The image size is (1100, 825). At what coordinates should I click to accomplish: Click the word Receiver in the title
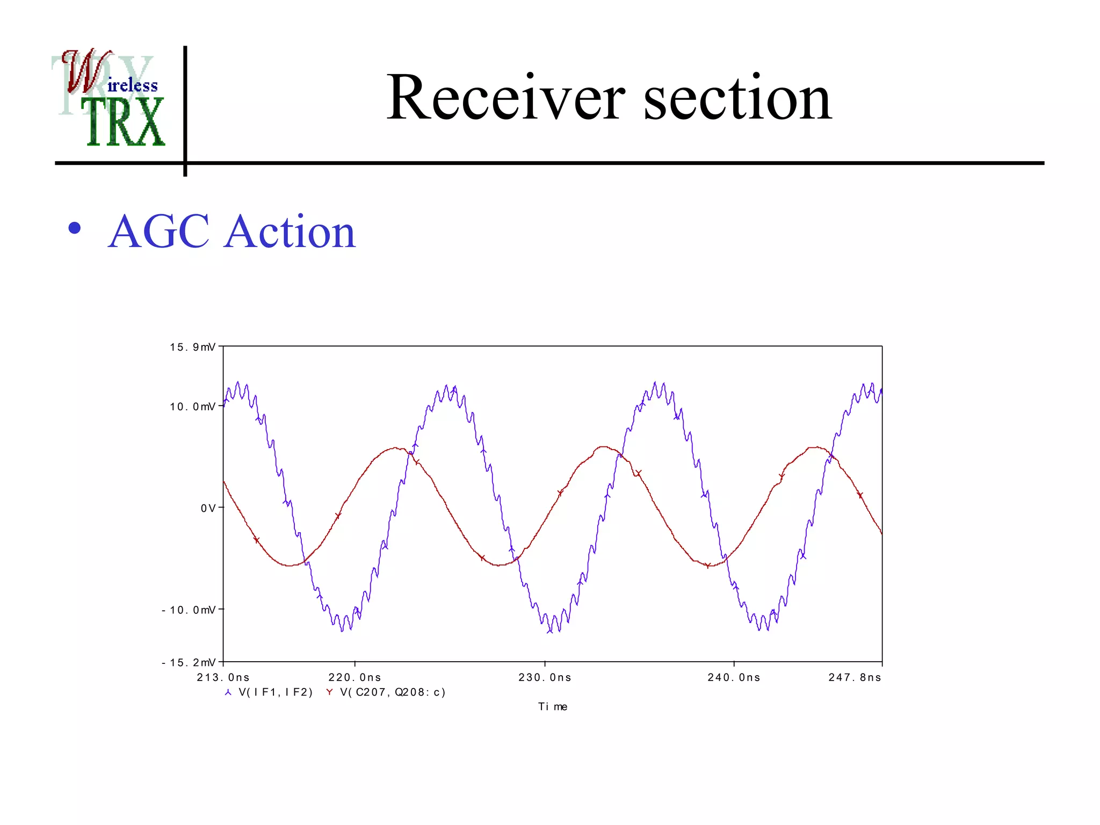[505, 98]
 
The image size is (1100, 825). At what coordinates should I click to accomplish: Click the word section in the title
[737, 98]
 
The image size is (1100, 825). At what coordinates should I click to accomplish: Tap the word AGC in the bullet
[158, 231]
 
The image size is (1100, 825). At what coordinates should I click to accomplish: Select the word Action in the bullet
[290, 231]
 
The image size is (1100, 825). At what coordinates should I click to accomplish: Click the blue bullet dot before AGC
[75, 228]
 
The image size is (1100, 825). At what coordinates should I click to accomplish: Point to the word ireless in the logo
[133, 85]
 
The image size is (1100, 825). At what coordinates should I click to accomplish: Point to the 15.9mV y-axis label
[192, 348]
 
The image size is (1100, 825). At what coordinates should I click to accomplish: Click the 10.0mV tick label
[192, 407]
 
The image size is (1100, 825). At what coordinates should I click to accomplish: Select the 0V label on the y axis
[208, 508]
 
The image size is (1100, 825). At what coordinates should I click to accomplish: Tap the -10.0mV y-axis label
[189, 610]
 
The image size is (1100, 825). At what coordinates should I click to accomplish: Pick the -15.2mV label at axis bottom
[189, 663]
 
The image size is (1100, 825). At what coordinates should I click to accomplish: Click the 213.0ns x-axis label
[223, 678]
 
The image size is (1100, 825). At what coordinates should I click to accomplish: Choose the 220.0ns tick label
[355, 678]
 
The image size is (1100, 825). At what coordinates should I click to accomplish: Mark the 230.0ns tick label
[545, 678]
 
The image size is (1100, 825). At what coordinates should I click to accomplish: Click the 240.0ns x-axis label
[734, 678]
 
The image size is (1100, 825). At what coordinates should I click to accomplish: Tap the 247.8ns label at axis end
[855, 678]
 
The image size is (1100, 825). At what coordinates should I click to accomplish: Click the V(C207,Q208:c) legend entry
[392, 692]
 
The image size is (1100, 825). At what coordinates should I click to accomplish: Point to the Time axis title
[553, 707]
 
